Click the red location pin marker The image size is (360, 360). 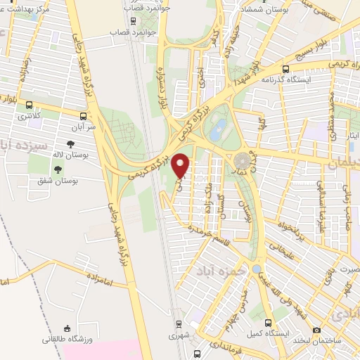point(182,165)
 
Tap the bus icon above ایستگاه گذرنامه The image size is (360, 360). point(285,69)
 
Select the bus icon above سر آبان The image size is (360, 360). point(84,117)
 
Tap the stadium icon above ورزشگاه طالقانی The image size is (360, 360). point(66,328)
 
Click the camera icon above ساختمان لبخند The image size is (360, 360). point(317,330)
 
